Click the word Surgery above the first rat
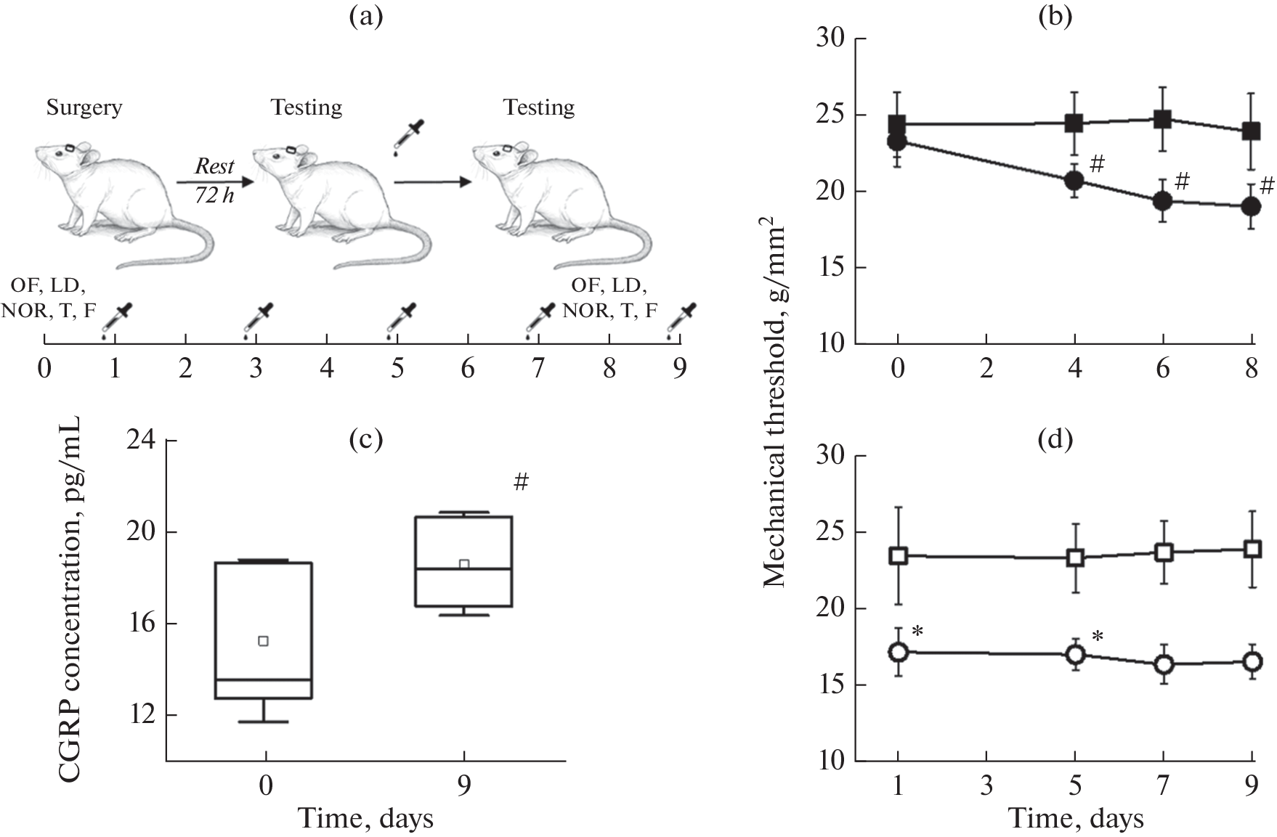point(84,107)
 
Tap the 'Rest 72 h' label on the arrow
point(214,181)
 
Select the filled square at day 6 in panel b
point(1163,119)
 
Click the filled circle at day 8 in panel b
point(1251,206)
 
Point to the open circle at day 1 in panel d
point(899,651)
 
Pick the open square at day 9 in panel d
point(1252,549)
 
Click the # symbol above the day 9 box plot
point(521,481)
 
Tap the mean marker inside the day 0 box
point(264,640)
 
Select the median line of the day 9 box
point(463,569)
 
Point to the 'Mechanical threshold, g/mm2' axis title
point(775,407)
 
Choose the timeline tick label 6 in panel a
point(468,369)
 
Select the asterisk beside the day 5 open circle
point(1098,637)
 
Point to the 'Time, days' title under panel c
point(366,819)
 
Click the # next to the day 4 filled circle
point(1097,164)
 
